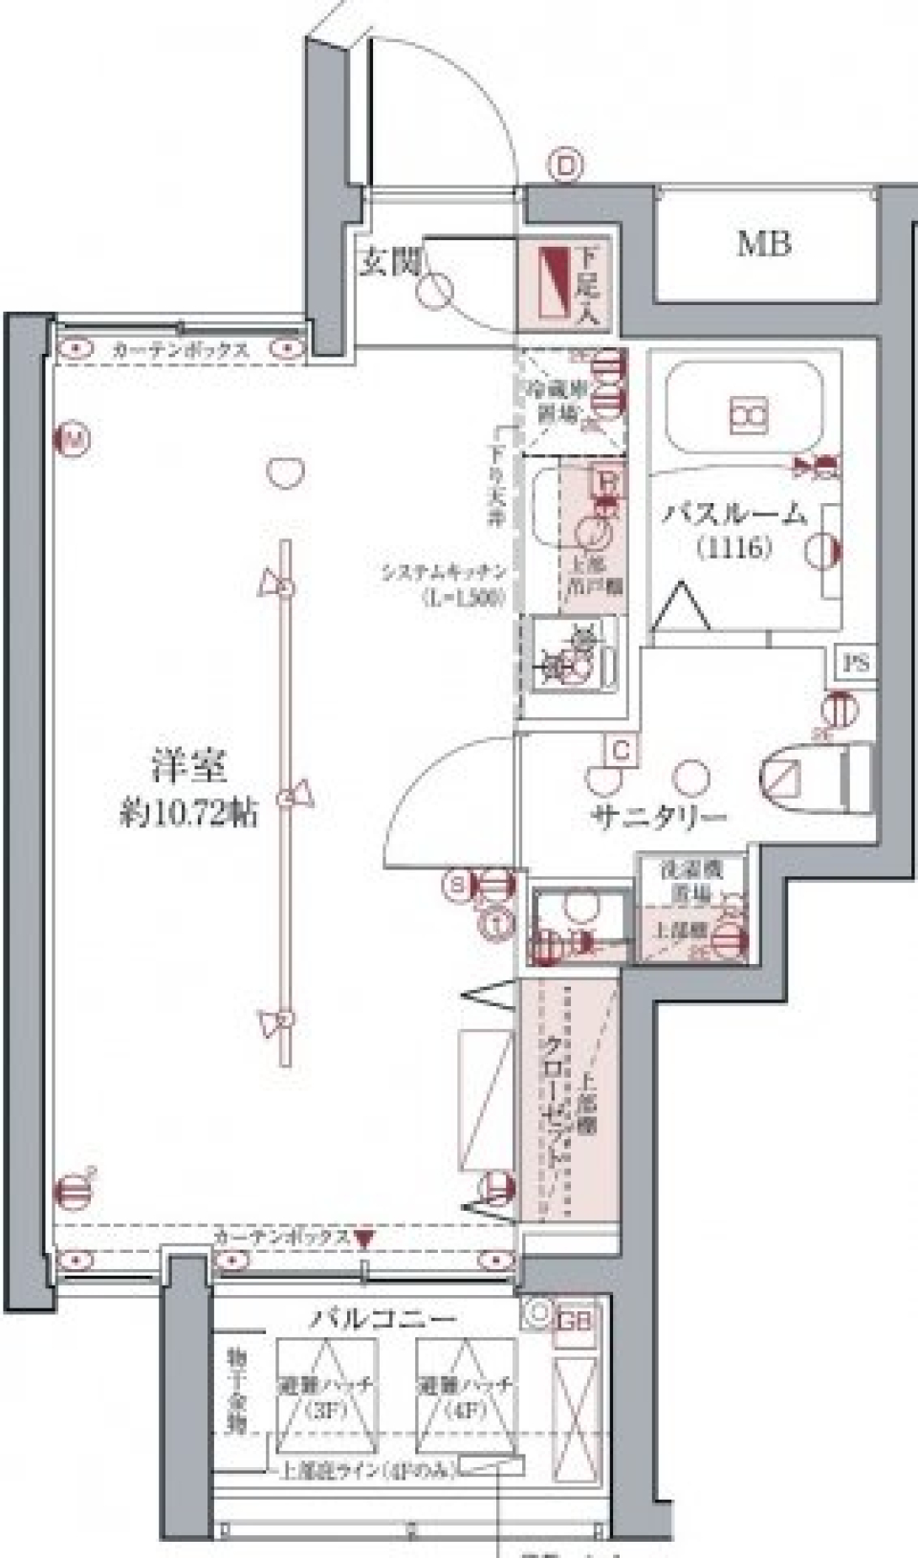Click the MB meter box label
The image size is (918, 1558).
(764, 245)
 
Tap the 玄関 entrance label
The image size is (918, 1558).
(390, 262)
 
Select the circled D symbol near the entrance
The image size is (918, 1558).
(566, 167)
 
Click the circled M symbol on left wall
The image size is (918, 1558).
(72, 440)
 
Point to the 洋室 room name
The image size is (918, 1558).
(188, 767)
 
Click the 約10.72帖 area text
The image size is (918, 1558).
(188, 814)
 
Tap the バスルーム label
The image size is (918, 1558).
(734, 516)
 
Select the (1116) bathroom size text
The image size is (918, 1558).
(734, 548)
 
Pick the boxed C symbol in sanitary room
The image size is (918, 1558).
(622, 750)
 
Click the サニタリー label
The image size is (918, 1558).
(660, 817)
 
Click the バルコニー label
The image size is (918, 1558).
(382, 1320)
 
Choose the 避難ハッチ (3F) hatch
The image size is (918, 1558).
(327, 1396)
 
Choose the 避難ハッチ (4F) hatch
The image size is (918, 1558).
(467, 1396)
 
